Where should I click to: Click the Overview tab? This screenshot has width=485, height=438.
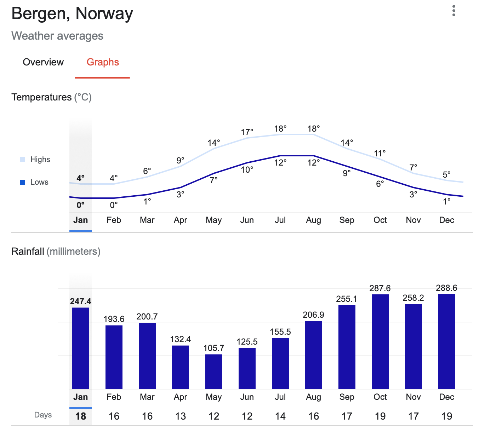click(43, 62)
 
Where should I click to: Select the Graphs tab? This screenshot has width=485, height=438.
click(103, 62)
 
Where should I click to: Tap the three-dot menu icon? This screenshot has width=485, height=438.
click(453, 11)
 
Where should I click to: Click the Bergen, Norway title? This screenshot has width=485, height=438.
click(72, 14)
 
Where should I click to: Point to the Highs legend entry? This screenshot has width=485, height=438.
click(35, 160)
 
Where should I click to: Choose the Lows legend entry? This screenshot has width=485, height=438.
click(34, 182)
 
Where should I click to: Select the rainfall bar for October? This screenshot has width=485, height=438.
click(380, 341)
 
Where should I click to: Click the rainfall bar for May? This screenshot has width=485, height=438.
click(214, 371)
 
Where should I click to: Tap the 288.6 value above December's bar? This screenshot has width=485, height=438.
click(446, 288)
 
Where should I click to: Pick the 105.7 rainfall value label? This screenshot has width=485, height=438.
click(214, 348)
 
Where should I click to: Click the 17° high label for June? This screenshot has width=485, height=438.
click(247, 132)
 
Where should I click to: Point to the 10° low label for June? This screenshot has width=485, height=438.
click(247, 170)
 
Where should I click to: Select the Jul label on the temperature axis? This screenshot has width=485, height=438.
click(280, 220)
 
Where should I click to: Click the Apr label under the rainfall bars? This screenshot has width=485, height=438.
click(180, 397)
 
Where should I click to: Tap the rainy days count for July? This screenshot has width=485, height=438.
click(280, 416)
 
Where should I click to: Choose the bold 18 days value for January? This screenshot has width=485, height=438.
click(81, 416)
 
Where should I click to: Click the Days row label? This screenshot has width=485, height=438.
click(43, 415)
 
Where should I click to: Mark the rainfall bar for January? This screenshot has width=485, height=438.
click(81, 348)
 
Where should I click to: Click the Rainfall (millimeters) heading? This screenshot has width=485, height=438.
click(56, 252)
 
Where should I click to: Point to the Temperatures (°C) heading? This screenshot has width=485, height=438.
click(52, 97)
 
